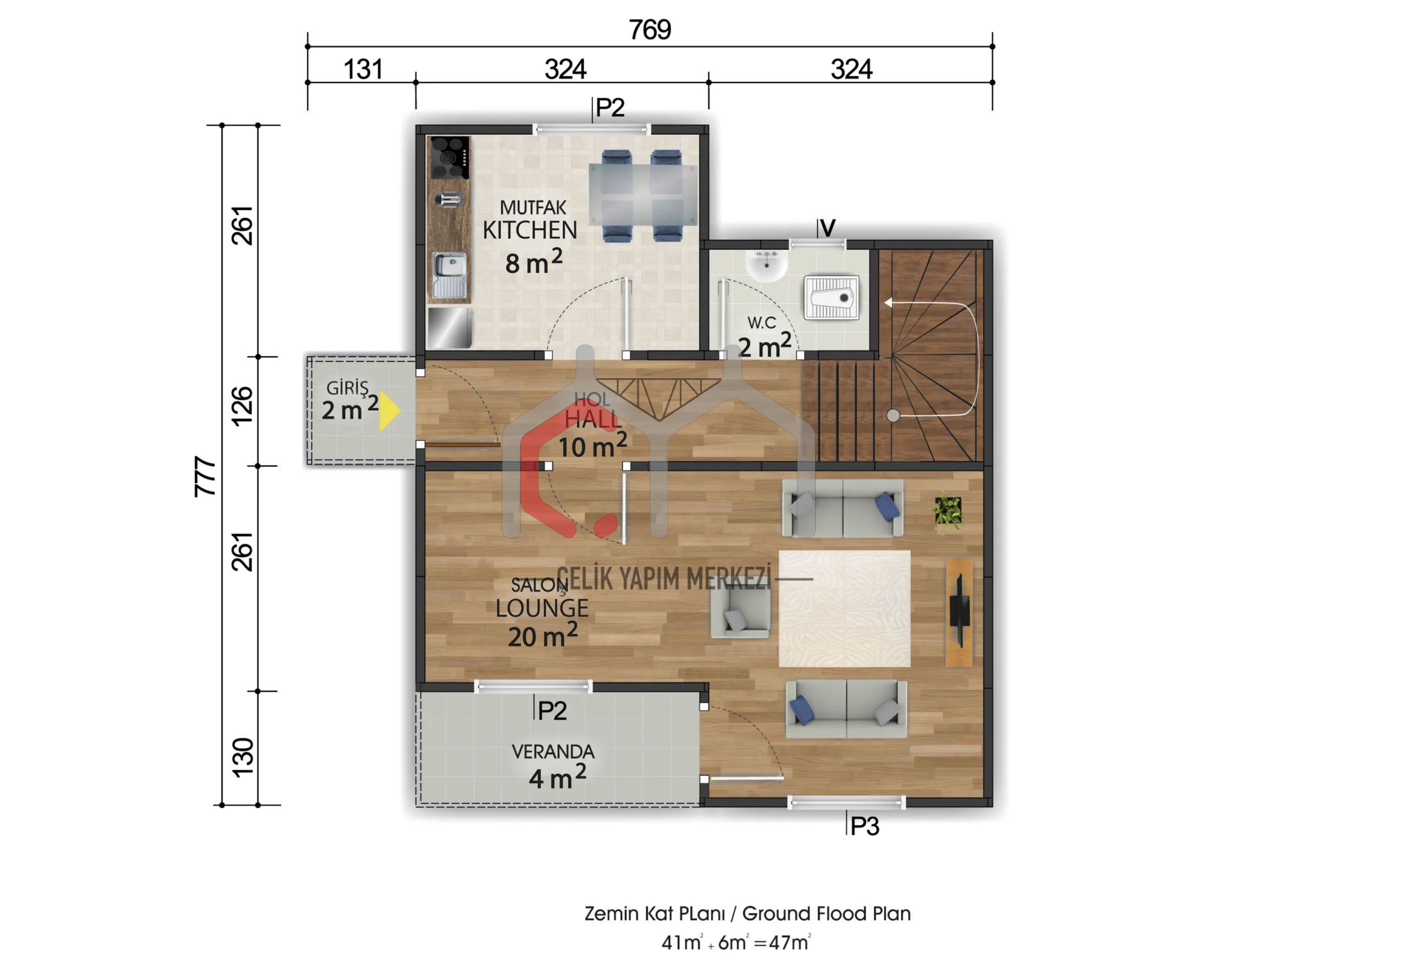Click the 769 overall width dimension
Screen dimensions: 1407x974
click(x=650, y=29)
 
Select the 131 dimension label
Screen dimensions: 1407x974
click(x=363, y=69)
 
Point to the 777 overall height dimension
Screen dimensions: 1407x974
click(x=206, y=477)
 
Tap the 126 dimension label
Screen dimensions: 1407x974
click(x=242, y=405)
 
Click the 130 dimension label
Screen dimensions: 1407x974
click(x=242, y=757)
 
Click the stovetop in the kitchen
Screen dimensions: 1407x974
click(x=450, y=157)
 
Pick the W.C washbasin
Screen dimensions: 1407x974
click(x=766, y=265)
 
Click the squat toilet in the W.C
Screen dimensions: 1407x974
click(x=832, y=297)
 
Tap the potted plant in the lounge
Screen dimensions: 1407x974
click(x=948, y=511)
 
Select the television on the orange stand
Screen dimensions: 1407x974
click(x=959, y=611)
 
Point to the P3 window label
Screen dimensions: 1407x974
click(x=865, y=826)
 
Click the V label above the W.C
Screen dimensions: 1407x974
click(x=827, y=228)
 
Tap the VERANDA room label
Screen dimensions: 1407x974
click(x=553, y=751)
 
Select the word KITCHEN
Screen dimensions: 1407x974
click(x=530, y=230)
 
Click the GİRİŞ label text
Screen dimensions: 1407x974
click(x=347, y=388)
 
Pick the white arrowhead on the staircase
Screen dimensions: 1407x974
click(x=888, y=302)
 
